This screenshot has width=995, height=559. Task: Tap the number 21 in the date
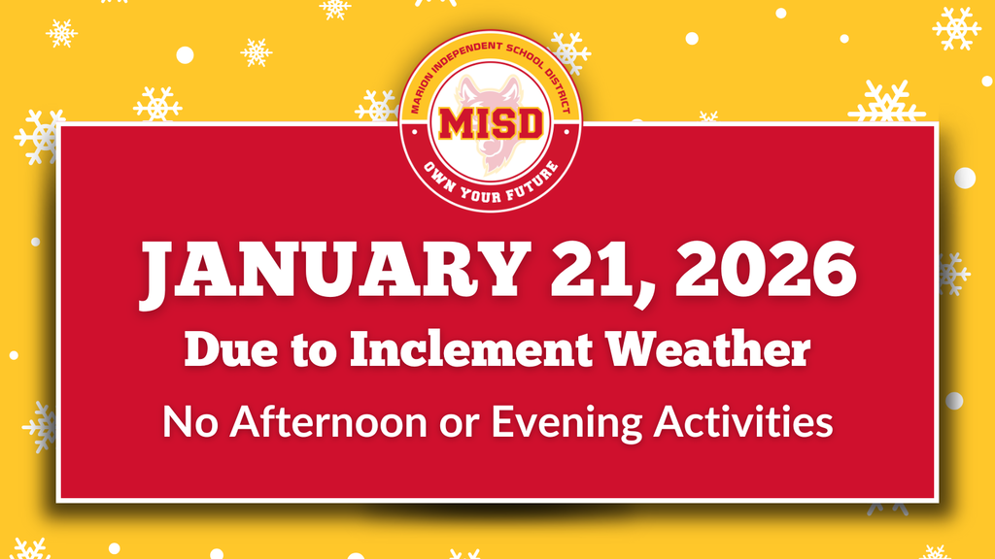point(586,271)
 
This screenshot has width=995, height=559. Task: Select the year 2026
point(761,271)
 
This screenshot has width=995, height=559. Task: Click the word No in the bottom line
point(185,422)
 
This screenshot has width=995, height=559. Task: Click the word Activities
point(744,422)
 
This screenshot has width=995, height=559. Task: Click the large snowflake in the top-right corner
point(956,27)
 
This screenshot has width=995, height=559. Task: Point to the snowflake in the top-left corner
point(61,32)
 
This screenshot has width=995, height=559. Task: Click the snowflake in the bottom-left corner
point(31,549)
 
